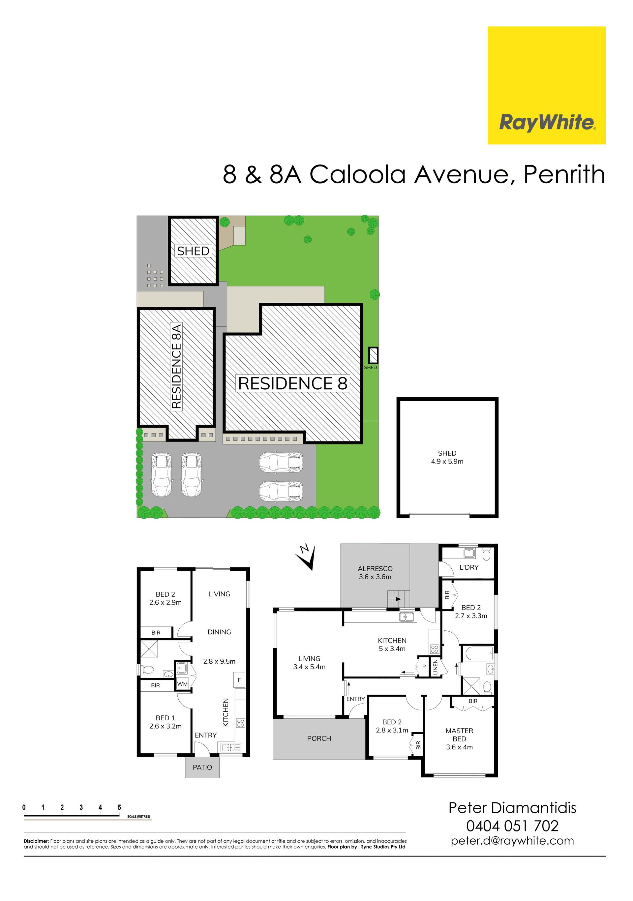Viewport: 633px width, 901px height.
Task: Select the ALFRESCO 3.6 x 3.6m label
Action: coord(375,573)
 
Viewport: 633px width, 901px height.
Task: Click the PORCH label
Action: coord(319,738)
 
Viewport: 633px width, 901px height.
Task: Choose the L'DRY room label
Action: coord(469,567)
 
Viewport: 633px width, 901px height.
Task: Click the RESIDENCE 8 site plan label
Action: coord(293,383)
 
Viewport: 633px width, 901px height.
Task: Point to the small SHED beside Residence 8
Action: coord(373,355)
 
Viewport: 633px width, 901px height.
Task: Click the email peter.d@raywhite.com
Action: coord(512,841)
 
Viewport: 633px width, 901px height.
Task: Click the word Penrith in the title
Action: coord(564,174)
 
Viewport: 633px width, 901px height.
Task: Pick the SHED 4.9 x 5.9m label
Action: coord(447,457)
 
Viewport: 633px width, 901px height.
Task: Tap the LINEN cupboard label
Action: coord(435,667)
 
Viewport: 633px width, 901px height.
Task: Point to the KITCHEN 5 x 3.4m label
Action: coord(392,645)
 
